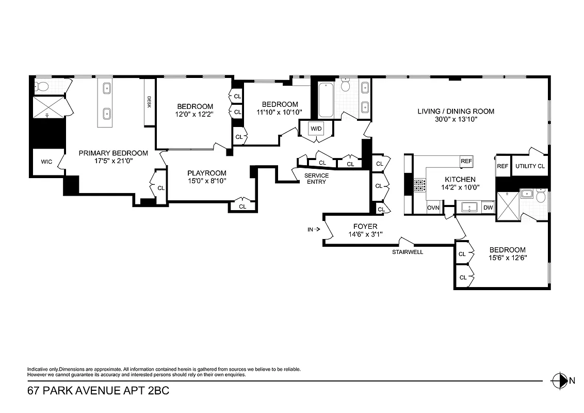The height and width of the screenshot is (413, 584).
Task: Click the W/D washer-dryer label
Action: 316,128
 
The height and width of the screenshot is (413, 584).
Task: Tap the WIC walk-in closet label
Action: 46,162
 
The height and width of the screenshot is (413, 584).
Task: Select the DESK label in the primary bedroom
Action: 149,102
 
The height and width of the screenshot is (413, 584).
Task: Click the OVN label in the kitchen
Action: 433,208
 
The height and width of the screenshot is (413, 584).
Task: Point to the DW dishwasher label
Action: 488,208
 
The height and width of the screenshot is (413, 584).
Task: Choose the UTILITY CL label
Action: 530,166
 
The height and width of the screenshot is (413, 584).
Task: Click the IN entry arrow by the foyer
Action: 314,230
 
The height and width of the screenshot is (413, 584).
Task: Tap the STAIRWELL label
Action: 407,252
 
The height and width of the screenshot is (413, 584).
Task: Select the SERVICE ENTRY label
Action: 316,179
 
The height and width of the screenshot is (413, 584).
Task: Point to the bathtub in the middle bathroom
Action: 326,100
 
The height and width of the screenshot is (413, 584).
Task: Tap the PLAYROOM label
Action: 206,173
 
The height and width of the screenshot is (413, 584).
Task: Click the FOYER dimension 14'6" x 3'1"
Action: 365,234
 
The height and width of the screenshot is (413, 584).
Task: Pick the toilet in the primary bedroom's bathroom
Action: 42,86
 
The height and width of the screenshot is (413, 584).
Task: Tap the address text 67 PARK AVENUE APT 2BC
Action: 98,392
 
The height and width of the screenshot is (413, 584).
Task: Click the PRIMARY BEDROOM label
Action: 113,153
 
